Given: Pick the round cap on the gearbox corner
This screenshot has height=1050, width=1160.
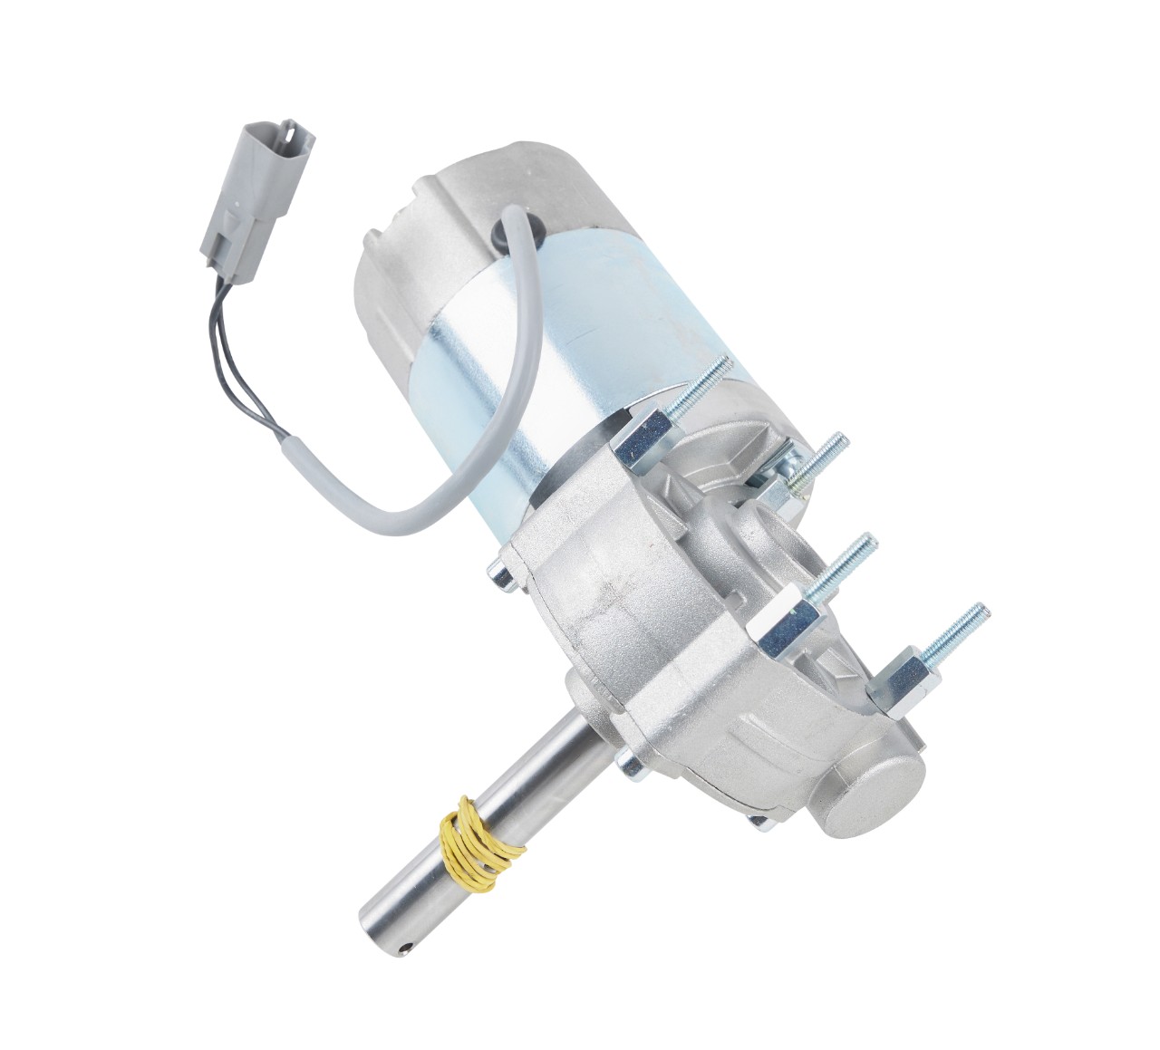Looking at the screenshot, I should point(871,787).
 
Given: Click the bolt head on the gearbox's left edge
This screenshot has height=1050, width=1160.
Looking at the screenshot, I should point(498,571).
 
